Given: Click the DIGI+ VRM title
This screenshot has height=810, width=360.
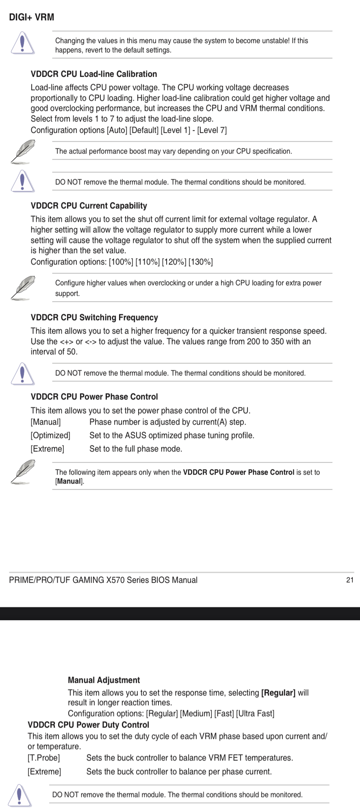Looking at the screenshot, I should pos(31,17).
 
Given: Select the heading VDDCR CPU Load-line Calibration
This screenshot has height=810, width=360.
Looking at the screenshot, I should pos(94,74).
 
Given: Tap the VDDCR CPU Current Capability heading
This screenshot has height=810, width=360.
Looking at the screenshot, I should pos(89,206).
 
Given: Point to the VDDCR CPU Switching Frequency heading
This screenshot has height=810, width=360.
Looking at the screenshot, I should pos(94,317).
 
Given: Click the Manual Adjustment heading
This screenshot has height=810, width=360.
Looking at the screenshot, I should pos(104,680).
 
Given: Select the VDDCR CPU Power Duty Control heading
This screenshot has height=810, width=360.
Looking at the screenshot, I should pos(88,725).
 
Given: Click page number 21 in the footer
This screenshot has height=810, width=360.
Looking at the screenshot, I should pos(349,580).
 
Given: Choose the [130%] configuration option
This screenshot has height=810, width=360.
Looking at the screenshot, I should pos(200,262).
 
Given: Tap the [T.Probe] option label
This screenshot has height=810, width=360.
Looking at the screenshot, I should pos(43,758).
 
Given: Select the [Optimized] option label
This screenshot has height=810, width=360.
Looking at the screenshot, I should pos(50,435).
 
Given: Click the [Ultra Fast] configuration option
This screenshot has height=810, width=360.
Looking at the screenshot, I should pos(255,713).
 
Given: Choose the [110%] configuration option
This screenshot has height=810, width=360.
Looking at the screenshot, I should pos(147,262).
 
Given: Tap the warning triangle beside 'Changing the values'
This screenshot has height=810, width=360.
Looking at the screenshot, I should pos(22,43).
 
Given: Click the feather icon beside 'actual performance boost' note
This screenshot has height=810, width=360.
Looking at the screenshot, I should pos(22,151).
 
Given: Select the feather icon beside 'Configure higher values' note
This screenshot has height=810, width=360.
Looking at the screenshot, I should pos(22,287).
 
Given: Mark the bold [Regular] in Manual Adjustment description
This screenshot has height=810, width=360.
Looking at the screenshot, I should pos(278,693).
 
